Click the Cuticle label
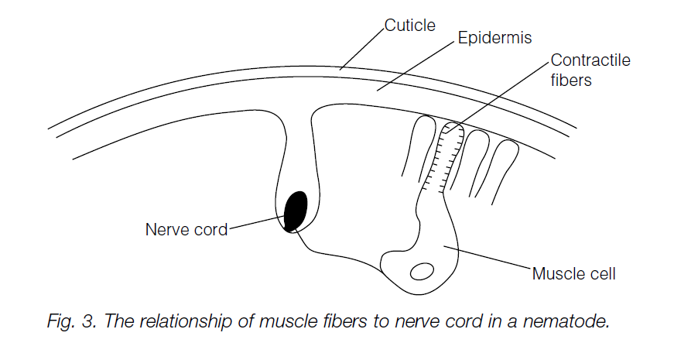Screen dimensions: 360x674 tap(410, 26)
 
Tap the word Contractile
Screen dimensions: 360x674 tap(590, 60)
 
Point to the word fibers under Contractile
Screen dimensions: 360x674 tap(570, 80)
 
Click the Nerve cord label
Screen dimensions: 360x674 tap(186, 229)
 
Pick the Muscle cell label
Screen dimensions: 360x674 tap(573, 273)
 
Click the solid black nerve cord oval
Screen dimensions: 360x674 tap(296, 211)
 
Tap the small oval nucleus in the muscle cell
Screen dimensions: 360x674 tap(422, 272)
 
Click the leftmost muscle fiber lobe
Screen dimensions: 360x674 tap(414, 143)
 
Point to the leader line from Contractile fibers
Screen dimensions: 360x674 tap(503, 91)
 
